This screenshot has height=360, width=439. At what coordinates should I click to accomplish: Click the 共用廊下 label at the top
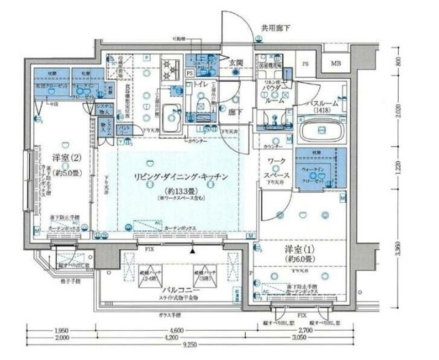(x=276, y=29)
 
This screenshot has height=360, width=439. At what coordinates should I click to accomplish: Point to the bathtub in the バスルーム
(x=322, y=129)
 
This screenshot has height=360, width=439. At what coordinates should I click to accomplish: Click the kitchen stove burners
(x=169, y=68)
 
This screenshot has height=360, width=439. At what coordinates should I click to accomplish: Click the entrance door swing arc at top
(x=235, y=27)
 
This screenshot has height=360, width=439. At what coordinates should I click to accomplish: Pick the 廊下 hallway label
(x=235, y=110)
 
